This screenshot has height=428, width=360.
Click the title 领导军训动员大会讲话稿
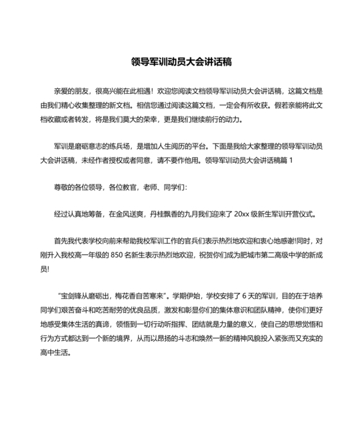pos(181,62)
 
